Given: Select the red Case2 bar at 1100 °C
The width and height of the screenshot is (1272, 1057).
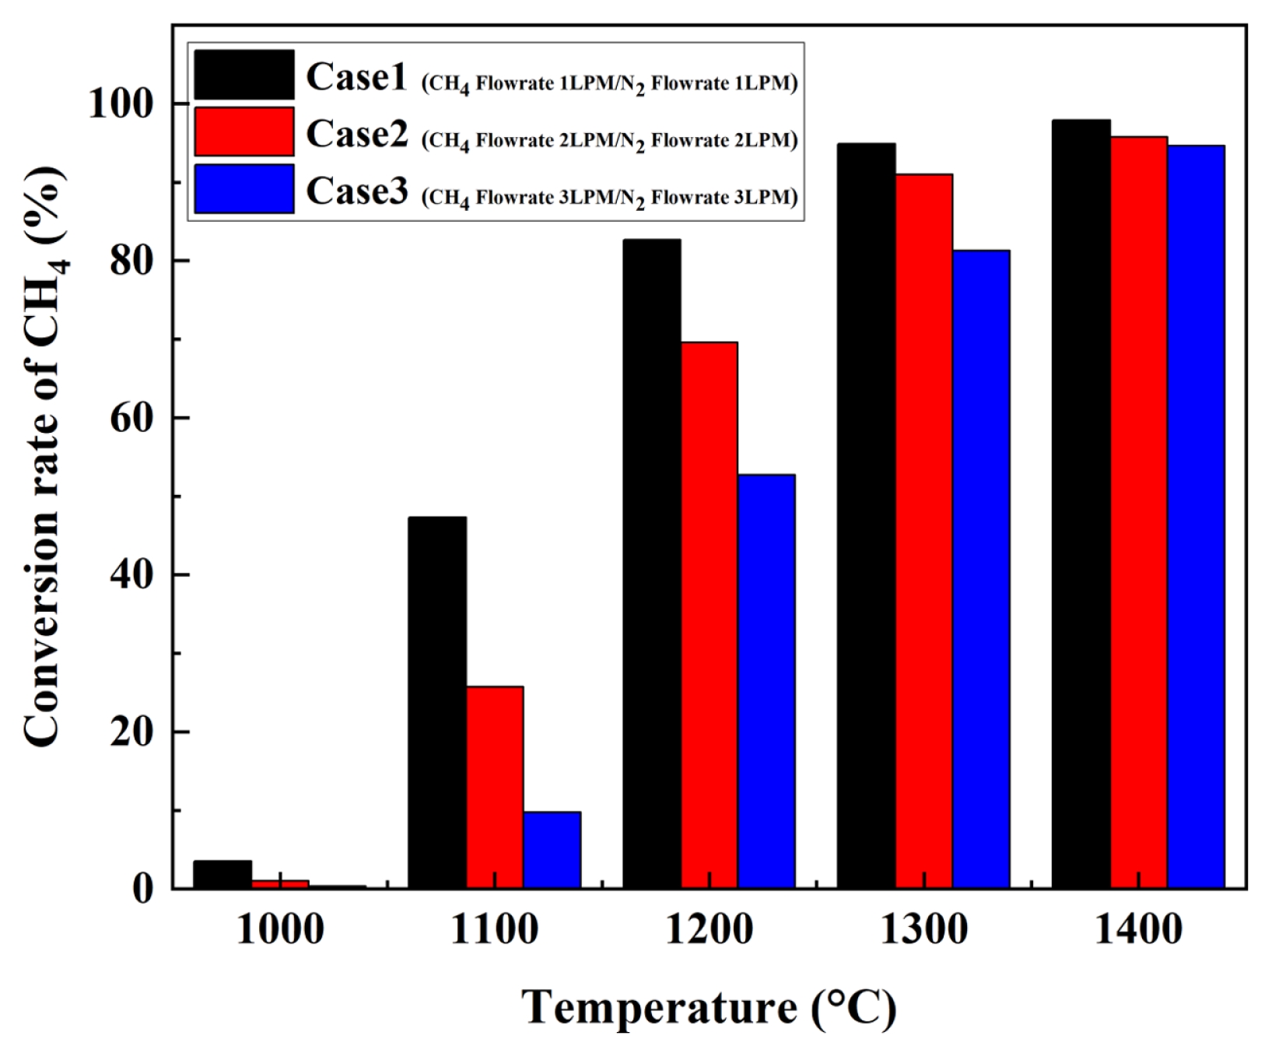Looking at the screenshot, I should click(495, 786).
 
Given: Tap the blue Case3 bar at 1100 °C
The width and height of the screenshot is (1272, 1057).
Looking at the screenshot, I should click(552, 849).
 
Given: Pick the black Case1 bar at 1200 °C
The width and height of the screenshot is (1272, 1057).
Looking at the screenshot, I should click(652, 564).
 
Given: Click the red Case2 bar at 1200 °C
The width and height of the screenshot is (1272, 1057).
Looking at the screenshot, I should click(710, 615).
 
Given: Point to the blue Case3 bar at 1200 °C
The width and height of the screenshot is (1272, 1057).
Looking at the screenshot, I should click(766, 681).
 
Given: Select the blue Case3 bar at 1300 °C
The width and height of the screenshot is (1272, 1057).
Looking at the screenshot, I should click(981, 569).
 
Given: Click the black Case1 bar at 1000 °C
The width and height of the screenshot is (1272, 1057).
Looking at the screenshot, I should click(223, 873).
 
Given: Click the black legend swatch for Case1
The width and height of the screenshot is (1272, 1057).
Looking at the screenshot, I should click(244, 75).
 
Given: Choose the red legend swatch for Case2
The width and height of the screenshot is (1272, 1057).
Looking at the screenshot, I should click(244, 132).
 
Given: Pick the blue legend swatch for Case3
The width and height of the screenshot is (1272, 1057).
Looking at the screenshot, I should click(244, 189).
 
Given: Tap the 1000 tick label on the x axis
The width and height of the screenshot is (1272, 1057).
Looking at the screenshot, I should click(280, 929).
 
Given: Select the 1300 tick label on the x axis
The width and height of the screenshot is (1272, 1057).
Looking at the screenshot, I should click(924, 929).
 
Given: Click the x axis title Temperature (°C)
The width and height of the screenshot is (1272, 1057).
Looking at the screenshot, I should click(709, 1007).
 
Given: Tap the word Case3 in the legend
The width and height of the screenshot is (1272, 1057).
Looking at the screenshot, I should click(356, 191).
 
